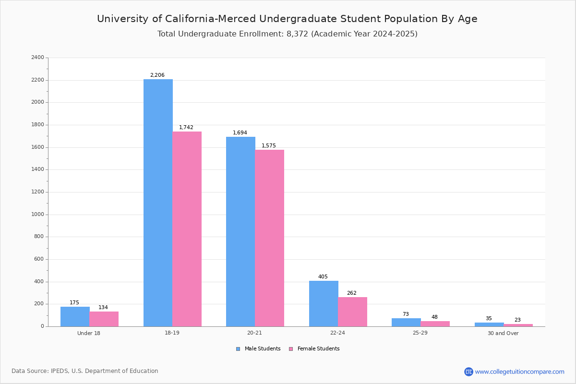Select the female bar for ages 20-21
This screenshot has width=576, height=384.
[x=270, y=238]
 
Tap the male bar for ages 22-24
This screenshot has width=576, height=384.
[x=324, y=303]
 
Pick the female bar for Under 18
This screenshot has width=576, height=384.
[x=104, y=319]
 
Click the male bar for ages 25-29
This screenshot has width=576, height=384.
[x=406, y=322]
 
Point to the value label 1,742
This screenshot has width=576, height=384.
[x=186, y=127]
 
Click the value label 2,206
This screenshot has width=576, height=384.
[x=157, y=75]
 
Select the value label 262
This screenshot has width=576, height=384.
[x=352, y=293]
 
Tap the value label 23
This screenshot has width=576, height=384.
[x=517, y=320]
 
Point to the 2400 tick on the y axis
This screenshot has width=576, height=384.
[x=37, y=58]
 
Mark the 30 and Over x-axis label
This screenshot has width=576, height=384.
[x=503, y=333]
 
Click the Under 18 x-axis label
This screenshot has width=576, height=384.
[x=89, y=333]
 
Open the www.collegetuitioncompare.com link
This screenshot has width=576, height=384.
[x=519, y=372]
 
